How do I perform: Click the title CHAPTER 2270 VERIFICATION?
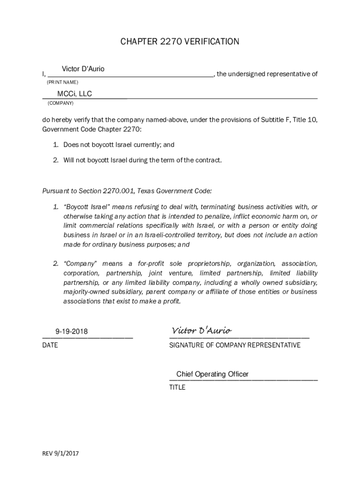pos(180,42)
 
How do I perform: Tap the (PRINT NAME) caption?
pos(63,82)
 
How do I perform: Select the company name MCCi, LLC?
pos(74,94)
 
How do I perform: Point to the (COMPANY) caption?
pos(60,103)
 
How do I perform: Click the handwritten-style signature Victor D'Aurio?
pos(202,331)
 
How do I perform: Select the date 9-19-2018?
pos(72,332)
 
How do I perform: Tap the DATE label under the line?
pos(50,345)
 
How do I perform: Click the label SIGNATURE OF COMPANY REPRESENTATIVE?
pos(235,345)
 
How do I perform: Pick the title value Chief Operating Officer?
pos(212,374)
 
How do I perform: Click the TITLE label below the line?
pos(177,387)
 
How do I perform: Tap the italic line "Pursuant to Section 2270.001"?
pos(127,191)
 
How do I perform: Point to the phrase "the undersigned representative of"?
pos(267,74)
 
